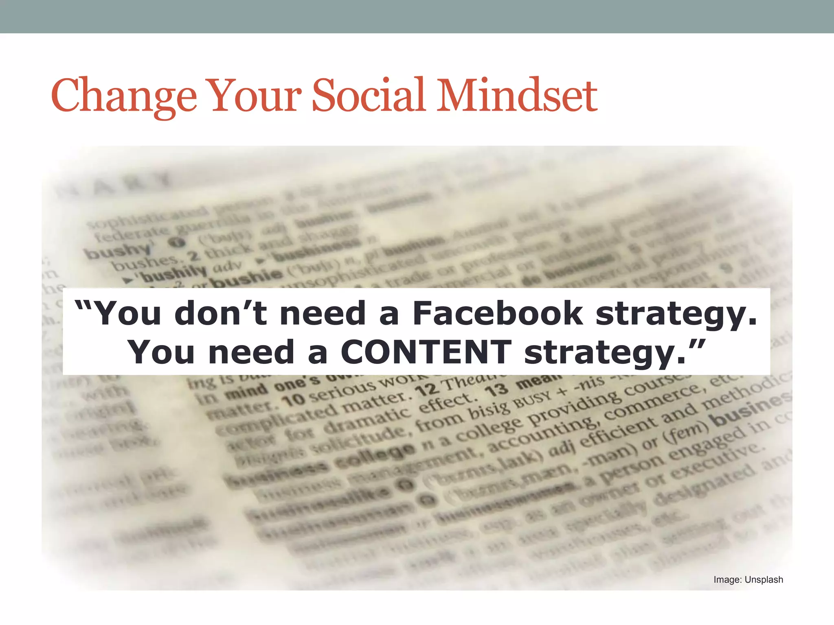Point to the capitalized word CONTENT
[x=426, y=352]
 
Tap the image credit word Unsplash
[x=764, y=579]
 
